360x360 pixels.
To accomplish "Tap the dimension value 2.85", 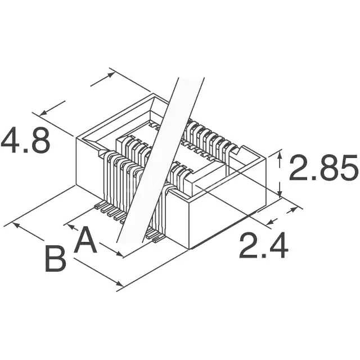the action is pos(323,168).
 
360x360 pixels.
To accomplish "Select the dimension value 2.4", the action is pos(264,245).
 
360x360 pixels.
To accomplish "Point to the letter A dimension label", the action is pos(85,240).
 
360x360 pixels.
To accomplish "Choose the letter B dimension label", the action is pos(56,259).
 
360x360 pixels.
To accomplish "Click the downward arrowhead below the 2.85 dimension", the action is pos(280,193).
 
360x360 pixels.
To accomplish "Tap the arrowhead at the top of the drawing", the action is pos(111,74).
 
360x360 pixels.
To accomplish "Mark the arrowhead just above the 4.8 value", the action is pos(43,112).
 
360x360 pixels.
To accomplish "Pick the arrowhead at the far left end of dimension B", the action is pos(16,225).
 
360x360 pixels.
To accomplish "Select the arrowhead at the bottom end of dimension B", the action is pos(120,284).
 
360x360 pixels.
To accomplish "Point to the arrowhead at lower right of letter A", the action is pos(119,254).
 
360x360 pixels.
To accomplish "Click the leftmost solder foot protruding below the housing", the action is pos(100,205).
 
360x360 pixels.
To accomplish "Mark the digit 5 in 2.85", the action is pos(347,168).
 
